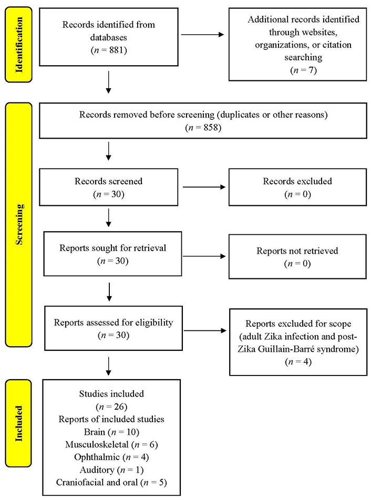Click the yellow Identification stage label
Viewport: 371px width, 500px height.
19,45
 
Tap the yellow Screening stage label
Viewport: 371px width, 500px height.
19,224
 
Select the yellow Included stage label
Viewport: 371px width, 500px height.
18,423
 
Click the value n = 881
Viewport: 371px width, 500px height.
108,50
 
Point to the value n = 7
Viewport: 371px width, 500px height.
303,70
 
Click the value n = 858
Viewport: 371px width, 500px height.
203,128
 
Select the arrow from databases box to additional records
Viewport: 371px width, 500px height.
202,35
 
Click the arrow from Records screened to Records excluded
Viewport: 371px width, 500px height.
204,187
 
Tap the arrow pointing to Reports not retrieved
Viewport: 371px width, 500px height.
204,256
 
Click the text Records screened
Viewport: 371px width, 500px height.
108,181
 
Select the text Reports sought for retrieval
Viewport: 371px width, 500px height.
112,248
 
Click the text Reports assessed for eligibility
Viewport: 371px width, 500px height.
114,322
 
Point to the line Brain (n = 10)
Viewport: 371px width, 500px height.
111,432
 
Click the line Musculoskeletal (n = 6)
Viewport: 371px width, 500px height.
111,444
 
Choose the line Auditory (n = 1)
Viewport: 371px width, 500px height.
111,470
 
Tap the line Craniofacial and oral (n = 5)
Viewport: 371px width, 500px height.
111,483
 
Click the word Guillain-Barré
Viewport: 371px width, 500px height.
288,349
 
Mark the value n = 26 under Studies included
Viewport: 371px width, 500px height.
111,407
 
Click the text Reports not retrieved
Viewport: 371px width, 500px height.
297,251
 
